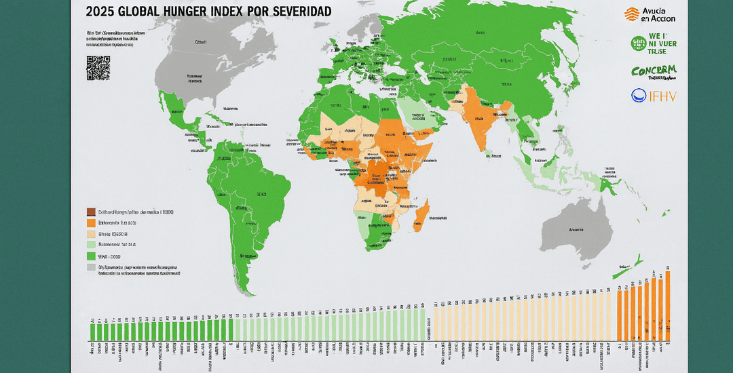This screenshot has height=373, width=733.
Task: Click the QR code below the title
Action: click(x=98, y=68)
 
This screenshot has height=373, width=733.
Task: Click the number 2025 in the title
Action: click(x=101, y=12)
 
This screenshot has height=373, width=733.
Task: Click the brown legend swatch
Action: click(x=91, y=212)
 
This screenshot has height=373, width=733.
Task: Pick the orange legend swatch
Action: click(x=91, y=222)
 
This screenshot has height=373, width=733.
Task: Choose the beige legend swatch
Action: click(x=91, y=233)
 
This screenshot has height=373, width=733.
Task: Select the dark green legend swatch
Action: click(x=91, y=256)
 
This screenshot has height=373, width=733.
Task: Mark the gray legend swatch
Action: click(x=91, y=268)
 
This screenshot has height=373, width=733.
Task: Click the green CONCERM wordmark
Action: click(x=653, y=72)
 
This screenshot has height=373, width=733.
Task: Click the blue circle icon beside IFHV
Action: click(x=639, y=96)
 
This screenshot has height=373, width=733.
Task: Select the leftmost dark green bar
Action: click(x=92, y=330)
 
